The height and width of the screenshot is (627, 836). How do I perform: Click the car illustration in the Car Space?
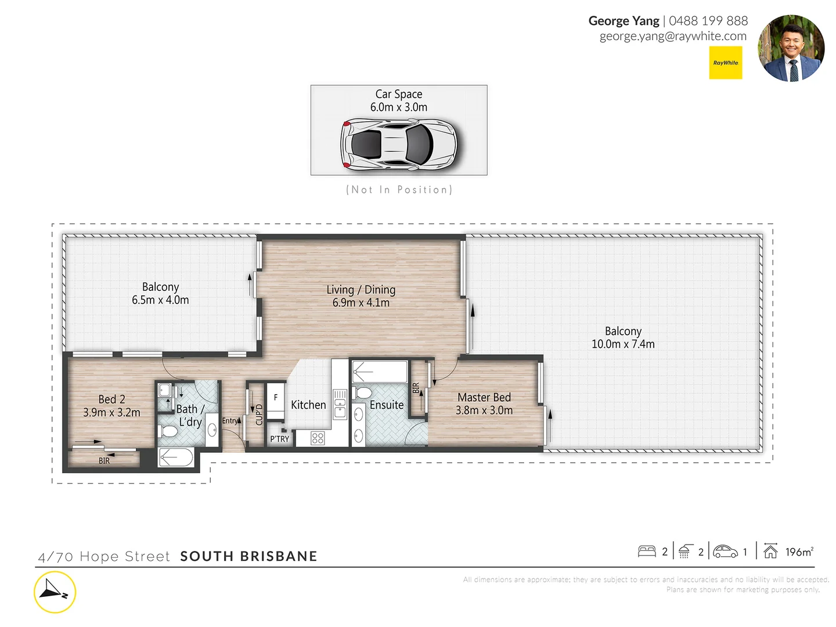tap(399, 143)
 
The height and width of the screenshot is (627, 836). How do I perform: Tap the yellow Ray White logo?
tap(726, 63)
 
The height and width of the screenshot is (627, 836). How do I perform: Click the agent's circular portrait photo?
tap(791, 48)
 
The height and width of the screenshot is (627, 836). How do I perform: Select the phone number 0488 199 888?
tap(708, 21)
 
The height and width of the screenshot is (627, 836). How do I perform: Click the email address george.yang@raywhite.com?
tap(673, 36)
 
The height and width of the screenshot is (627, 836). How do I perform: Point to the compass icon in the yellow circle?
tap(55, 592)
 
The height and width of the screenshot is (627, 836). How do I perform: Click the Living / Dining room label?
tap(361, 289)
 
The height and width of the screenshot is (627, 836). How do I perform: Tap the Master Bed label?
tap(484, 397)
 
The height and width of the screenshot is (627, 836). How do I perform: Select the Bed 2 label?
tap(111, 399)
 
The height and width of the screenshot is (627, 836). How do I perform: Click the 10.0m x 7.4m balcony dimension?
tap(623, 344)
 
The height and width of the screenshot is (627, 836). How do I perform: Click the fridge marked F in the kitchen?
tap(276, 398)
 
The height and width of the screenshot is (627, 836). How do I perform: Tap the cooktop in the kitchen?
tap(318, 438)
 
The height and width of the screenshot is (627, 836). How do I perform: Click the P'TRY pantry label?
tap(279, 439)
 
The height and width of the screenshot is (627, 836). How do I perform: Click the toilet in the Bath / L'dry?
tap(169, 431)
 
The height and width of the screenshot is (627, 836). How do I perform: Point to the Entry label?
tap(230, 420)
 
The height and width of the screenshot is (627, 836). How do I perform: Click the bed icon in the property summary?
tap(647, 552)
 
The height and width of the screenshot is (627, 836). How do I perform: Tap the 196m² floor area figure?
tap(799, 552)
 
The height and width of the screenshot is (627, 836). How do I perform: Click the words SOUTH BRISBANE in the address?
tap(248, 556)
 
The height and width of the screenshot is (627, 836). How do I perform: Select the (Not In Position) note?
tap(399, 190)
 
